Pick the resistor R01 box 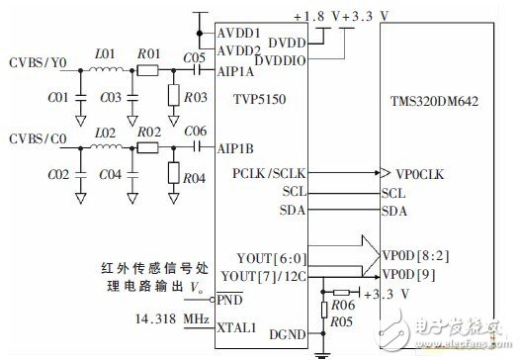(148, 70)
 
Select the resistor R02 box (148, 145)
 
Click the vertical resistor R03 (174, 96)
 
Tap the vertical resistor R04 (174, 171)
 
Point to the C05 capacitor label (194, 57)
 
